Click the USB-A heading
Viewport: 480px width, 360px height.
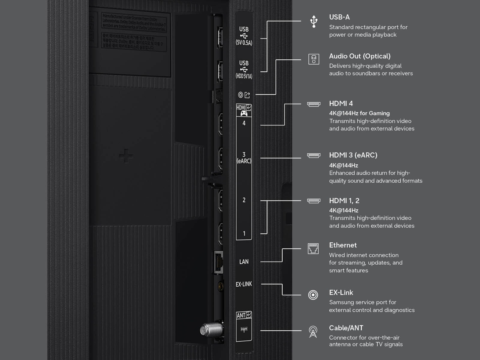pyautogui.click(x=339, y=17)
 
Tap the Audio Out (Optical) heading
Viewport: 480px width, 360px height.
pyautogui.click(x=360, y=56)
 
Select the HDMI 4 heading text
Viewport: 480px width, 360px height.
pyautogui.click(x=341, y=103)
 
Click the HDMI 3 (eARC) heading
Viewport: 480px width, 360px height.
pyautogui.click(x=353, y=155)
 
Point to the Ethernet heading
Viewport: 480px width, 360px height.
pyautogui.click(x=343, y=245)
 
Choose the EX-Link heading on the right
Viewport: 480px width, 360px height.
pyautogui.click(x=341, y=292)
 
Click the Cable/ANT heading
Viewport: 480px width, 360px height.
pyautogui.click(x=346, y=328)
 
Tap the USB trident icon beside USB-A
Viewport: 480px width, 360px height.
pyautogui.click(x=314, y=22)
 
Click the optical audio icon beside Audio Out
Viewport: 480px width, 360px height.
pyautogui.click(x=313, y=59)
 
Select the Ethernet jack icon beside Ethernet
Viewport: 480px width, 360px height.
pyautogui.click(x=313, y=249)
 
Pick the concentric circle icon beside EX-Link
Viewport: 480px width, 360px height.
pyautogui.click(x=313, y=295)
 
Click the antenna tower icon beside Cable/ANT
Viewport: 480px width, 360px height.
pyautogui.click(x=313, y=332)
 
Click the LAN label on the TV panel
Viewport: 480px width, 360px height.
pyautogui.click(x=244, y=262)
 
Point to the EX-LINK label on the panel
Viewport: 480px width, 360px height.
pyautogui.click(x=244, y=284)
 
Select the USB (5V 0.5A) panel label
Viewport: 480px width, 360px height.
pyautogui.click(x=244, y=36)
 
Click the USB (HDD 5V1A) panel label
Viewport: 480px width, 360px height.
pyautogui.click(x=244, y=70)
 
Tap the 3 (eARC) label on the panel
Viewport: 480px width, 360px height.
pyautogui.click(x=244, y=158)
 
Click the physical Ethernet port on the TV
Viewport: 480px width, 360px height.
pyautogui.click(x=218, y=262)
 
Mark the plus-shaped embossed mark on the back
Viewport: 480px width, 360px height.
pyautogui.click(x=126, y=156)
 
